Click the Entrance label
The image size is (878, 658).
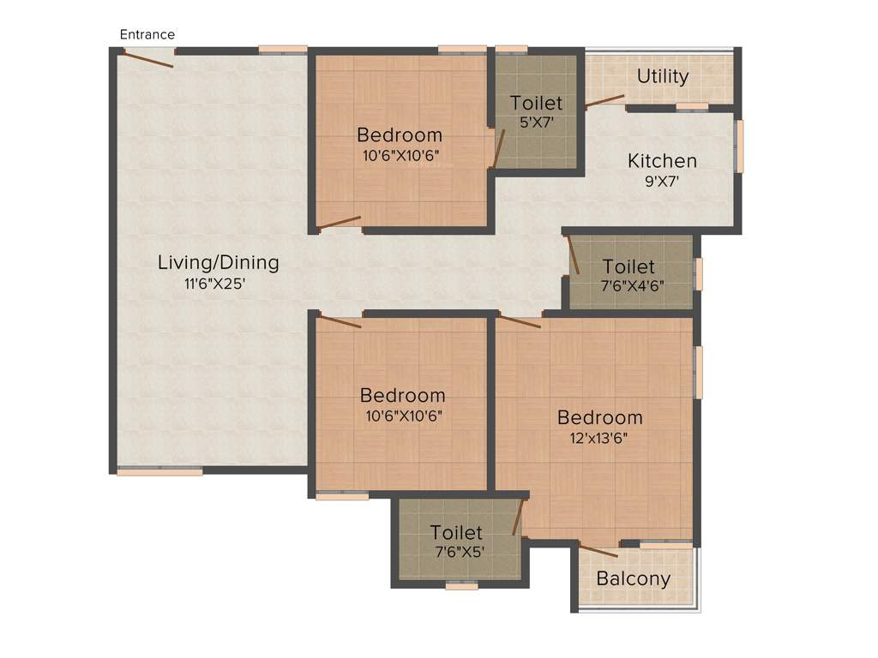point(147,34)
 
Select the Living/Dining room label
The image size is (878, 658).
point(218,262)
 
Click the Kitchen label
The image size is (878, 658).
point(662,160)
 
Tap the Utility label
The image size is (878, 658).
point(663,76)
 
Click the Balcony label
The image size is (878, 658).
point(634,578)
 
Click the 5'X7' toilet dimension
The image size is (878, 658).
point(536,123)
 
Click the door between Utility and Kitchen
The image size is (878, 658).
point(605,100)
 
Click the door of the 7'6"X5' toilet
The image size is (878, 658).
point(517,518)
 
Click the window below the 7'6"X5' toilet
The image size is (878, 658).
point(461,586)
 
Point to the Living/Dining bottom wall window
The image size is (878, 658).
point(159,470)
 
